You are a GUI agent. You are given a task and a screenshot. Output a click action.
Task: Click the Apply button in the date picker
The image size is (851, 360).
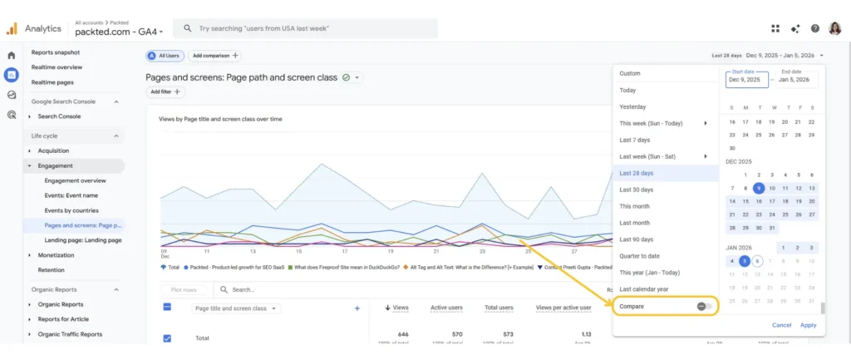click(x=808, y=325)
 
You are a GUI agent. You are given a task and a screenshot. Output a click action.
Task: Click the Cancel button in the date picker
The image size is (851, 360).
click(x=781, y=325)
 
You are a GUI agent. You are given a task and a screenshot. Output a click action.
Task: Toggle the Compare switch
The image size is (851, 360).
click(x=705, y=306)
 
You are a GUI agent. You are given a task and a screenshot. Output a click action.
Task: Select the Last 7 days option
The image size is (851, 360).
click(x=636, y=140)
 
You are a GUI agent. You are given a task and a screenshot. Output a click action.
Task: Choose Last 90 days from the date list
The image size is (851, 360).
click(x=637, y=239)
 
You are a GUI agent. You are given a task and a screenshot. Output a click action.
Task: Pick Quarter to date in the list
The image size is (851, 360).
click(x=639, y=256)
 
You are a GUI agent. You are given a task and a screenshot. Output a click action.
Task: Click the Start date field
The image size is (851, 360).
click(x=745, y=80)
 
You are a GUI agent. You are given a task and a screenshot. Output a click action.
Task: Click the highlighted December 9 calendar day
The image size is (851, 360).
click(x=758, y=188)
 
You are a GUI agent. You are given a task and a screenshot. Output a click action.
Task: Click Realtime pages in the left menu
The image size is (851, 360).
click(x=53, y=82)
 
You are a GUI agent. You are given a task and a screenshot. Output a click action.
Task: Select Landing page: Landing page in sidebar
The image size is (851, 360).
click(x=83, y=240)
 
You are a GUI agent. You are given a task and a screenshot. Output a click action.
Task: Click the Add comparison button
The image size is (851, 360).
click(x=214, y=56)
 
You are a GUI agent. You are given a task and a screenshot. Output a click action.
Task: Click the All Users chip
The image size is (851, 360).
click(x=165, y=56)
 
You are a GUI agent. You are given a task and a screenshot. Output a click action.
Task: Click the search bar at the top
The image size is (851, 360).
click(x=307, y=28)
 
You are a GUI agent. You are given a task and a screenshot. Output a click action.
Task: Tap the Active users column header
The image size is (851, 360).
click(x=446, y=308)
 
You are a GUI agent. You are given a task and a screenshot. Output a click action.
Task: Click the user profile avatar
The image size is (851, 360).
click(x=835, y=28)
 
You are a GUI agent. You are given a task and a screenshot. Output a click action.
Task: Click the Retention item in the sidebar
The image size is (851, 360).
click(x=51, y=270)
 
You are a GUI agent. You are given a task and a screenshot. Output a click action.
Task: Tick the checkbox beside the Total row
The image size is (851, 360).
click(x=167, y=338)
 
